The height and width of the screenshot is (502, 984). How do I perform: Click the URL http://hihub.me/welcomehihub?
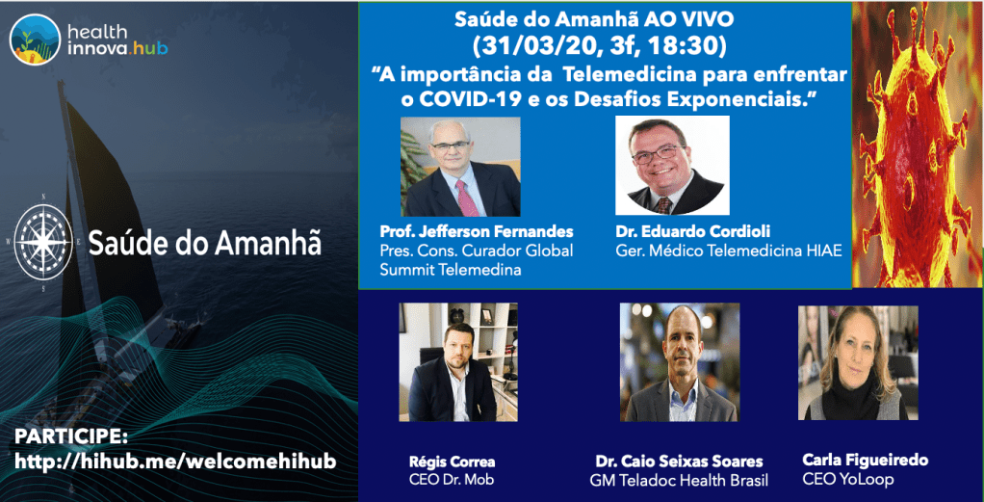175,462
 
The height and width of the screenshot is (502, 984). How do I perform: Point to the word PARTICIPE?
71,436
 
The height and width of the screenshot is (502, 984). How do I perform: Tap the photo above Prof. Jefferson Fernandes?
460,168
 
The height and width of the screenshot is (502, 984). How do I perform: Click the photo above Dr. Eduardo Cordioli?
672,165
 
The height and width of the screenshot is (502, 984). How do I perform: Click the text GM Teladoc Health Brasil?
678,480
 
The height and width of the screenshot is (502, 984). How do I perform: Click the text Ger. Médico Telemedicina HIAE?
728,251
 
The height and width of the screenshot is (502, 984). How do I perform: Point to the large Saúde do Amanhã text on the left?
205,243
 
